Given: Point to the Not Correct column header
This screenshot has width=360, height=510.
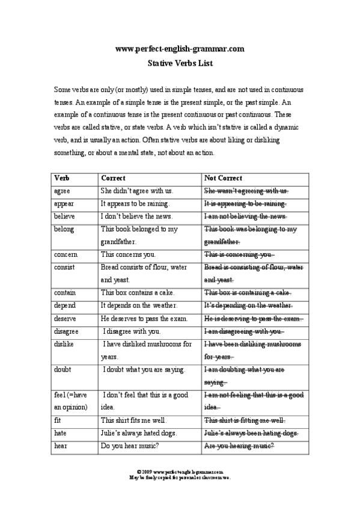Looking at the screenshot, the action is click(x=223, y=178).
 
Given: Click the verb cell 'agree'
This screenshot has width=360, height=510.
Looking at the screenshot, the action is click(x=62, y=191).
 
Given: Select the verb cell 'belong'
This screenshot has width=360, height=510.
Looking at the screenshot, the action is click(x=64, y=229).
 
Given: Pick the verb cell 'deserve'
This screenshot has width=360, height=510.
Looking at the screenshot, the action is click(x=64, y=318).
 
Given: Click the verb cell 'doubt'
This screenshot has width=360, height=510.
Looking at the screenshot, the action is click(x=63, y=369).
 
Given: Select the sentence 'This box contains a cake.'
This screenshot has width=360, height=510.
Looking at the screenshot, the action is click(x=138, y=293).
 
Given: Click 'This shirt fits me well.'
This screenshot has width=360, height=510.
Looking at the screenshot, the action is click(x=133, y=420).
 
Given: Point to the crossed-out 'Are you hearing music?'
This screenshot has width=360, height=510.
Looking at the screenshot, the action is click(x=239, y=446).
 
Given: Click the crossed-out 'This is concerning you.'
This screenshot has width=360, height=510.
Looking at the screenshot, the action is click(x=239, y=254).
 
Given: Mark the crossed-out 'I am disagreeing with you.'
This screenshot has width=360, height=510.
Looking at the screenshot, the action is click(x=243, y=331).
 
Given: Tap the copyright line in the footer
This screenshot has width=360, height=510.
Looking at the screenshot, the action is click(x=180, y=473).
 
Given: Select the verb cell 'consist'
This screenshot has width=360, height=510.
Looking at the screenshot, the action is click(x=64, y=267).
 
